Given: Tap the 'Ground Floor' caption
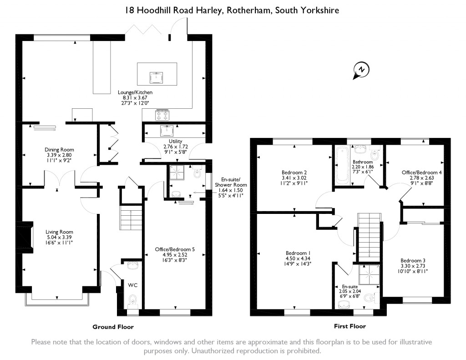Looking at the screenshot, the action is tap(113, 327).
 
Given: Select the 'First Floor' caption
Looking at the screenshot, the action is tap(349, 326).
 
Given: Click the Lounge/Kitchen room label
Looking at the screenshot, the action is tap(130, 92).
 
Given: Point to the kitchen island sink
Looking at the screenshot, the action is tap(157, 77).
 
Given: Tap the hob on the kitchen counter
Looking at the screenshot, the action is tap(162, 115).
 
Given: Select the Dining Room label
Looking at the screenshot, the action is tap(59, 149).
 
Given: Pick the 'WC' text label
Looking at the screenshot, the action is tap(132, 285).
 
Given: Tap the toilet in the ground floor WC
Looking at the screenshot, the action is tap(132, 300).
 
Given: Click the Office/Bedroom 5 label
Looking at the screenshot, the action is tap(175, 249).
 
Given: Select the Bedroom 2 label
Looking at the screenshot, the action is tap(294, 172).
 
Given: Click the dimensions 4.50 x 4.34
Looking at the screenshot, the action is tap(298, 259).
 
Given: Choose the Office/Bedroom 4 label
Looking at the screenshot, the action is tap(422, 172).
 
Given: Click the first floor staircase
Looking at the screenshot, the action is tap(367, 236).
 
